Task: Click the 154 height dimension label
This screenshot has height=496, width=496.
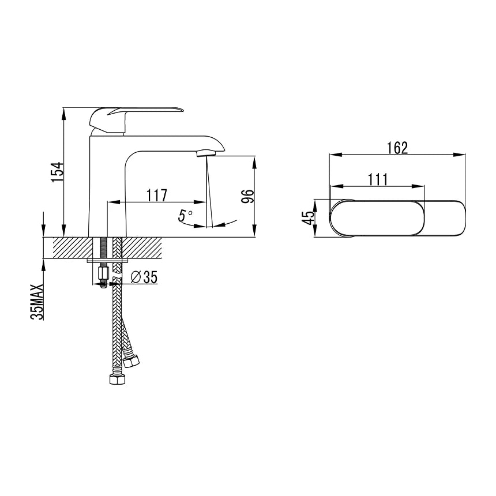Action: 58,172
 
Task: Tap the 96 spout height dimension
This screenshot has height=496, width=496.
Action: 247,197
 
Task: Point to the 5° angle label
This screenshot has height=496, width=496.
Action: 185,216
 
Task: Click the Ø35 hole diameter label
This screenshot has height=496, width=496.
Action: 144,277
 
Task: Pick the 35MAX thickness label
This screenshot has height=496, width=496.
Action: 37,302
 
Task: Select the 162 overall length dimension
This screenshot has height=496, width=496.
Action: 397,148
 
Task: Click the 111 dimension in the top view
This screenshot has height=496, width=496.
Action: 378,179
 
